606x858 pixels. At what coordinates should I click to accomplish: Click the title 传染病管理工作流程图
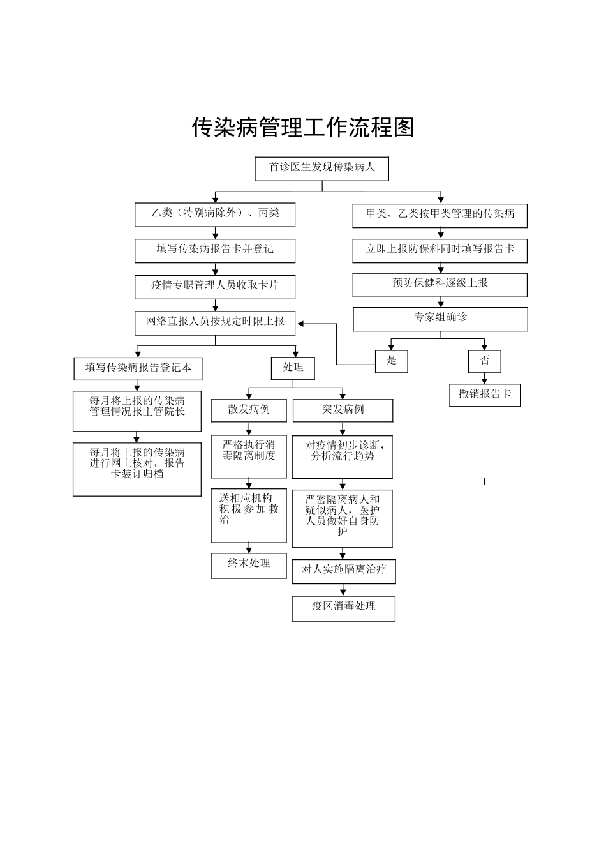pos(303,127)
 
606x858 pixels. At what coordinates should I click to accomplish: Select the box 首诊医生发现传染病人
pos(321,169)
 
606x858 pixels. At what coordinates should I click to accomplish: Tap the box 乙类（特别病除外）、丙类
pos(215,214)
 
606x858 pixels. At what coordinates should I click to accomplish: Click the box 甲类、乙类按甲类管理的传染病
pos(440,215)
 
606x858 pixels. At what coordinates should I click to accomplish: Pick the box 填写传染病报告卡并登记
pos(215,250)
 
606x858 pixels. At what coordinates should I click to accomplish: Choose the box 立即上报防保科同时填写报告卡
pos(440,250)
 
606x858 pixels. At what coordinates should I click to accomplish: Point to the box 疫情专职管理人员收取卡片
pos(215,287)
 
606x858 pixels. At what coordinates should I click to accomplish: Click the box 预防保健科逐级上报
pos(440,285)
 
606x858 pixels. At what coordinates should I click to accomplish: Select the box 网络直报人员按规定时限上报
pos(215,322)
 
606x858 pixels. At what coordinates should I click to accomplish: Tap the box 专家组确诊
pos(440,319)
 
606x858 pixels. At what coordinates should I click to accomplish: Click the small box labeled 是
pos(392,361)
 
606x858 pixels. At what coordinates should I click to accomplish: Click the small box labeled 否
pos(485,361)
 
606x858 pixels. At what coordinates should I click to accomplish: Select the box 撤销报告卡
pos(485,395)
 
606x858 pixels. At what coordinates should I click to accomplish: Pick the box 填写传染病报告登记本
pos(138,368)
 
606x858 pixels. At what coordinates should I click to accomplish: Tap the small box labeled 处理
pos(293,368)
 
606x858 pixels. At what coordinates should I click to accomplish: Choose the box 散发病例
pos(249,410)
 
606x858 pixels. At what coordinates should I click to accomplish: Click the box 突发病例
pos(343,410)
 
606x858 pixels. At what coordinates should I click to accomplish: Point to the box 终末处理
pos(249,565)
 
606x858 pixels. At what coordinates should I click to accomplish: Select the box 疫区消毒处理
pos(343,608)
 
